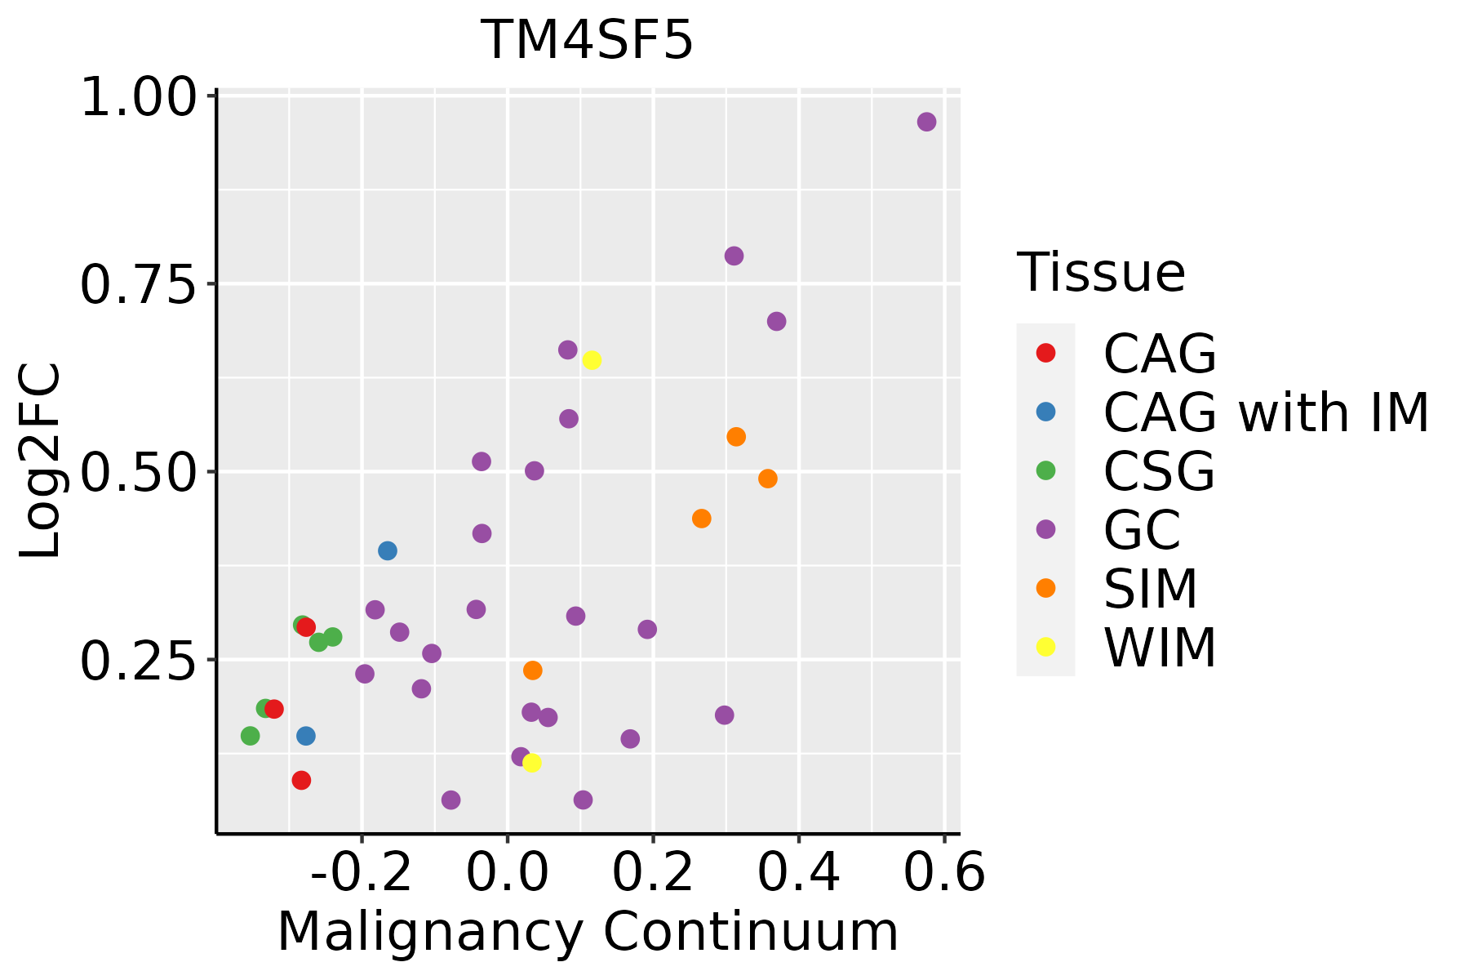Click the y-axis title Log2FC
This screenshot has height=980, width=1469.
pos(41,461)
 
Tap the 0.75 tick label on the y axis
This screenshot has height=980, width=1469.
pos(139,284)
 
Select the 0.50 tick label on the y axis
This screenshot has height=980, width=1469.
pos(139,472)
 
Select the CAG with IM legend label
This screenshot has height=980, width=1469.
pos(1266,412)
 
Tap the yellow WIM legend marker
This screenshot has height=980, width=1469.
pos(1045,647)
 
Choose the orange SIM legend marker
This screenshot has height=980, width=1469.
pos(1045,588)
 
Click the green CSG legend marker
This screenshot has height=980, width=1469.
pos(1045,470)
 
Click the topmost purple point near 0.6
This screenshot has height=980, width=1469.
pos(926,122)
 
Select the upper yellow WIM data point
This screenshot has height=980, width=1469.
pos(592,360)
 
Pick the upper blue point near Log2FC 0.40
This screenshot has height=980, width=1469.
pos(388,550)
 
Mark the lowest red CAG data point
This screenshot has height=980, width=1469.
pos(301,780)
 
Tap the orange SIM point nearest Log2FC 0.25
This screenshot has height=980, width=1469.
pos(532,670)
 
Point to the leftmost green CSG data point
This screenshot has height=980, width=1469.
pos(251,736)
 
